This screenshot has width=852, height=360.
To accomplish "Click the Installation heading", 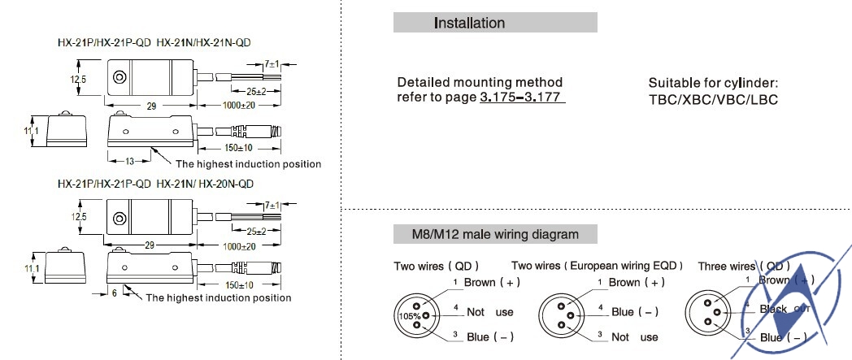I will [x=469, y=23].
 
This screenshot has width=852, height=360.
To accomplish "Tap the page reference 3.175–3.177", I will [x=522, y=98].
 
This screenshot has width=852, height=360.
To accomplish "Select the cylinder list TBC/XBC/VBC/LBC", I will [x=713, y=99].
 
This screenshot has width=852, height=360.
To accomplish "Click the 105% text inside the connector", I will [x=406, y=314].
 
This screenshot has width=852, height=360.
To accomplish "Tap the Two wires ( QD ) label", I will [x=436, y=266].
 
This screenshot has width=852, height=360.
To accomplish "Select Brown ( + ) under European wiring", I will [x=637, y=283].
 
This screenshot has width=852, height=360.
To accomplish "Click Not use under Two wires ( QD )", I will [x=490, y=311].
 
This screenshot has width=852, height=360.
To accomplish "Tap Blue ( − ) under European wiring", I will [x=634, y=311].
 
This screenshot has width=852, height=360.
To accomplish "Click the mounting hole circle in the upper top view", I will [x=120, y=79].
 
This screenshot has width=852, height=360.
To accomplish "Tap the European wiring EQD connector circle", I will [x=560, y=314].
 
